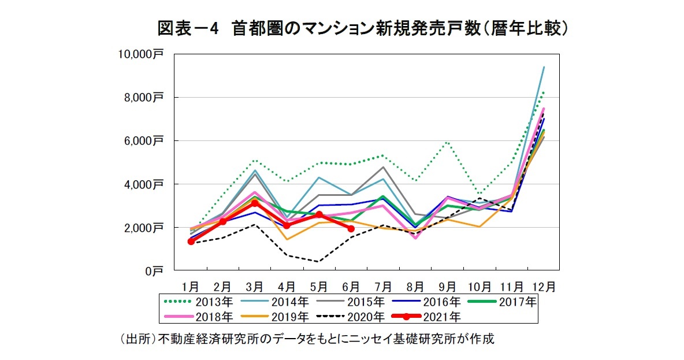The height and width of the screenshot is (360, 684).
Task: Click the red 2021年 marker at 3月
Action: click(254, 203)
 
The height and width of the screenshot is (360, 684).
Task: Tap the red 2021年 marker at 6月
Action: click(351, 228)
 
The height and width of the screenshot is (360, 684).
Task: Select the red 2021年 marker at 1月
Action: click(191, 242)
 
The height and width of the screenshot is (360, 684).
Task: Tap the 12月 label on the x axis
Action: click(544, 287)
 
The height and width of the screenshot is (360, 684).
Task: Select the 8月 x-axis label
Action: click(415, 287)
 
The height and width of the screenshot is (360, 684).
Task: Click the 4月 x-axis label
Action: click(287, 287)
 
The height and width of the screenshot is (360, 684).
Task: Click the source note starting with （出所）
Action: click(306, 339)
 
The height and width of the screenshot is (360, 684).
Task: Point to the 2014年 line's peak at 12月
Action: click(544, 67)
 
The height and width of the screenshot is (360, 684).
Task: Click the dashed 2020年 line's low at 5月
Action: click(318, 261)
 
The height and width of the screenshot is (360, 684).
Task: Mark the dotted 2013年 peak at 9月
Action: click(447, 142)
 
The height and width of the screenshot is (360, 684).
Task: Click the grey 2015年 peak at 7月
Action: click(383, 167)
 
